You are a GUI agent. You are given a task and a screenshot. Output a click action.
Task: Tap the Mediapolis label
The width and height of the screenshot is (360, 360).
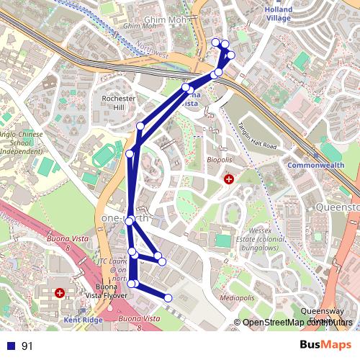(238, 297)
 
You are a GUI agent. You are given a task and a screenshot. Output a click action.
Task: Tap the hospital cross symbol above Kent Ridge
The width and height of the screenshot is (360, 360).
(60, 293)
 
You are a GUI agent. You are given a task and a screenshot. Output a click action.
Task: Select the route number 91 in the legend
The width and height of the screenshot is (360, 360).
(27, 346)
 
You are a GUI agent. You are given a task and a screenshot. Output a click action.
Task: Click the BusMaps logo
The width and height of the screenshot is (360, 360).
(325, 346)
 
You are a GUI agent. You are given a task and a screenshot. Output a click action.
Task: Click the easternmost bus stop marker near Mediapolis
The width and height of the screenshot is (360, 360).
(168, 297)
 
